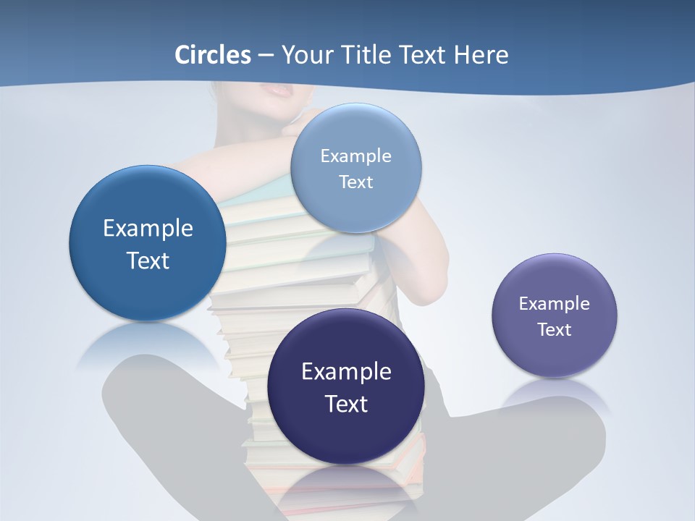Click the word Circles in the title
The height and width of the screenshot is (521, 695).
(x=212, y=55)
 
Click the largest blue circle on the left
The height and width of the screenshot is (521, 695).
(x=148, y=243)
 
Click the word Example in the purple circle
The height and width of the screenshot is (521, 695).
(x=554, y=304)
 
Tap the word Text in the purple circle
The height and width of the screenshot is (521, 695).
(x=555, y=330)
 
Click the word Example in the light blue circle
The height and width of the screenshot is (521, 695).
(x=355, y=156)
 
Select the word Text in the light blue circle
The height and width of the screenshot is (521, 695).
(x=355, y=182)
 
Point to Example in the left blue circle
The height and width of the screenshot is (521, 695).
(x=148, y=229)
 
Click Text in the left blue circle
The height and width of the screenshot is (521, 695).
(x=148, y=260)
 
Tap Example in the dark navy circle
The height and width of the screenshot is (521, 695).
(x=346, y=372)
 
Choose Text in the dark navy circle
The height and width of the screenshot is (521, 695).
(x=346, y=404)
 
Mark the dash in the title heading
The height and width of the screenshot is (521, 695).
(x=266, y=56)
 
